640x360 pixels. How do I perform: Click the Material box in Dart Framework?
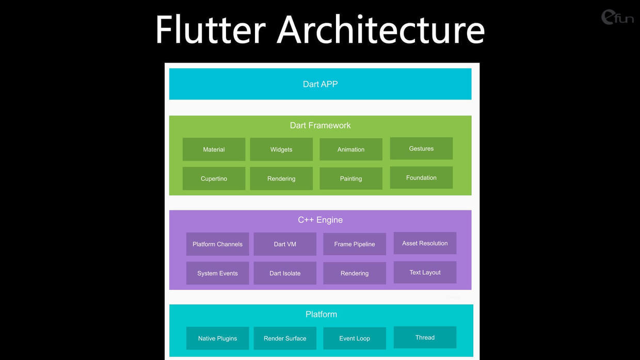pyautogui.click(x=214, y=149)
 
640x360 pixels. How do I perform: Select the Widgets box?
pyautogui.click(x=281, y=149)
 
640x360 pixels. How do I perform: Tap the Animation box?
pyautogui.click(x=351, y=149)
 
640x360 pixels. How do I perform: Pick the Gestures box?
pyautogui.click(x=421, y=149)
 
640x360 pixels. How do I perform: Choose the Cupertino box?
pyautogui.click(x=214, y=178)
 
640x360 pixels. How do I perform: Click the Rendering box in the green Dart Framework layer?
pyautogui.click(x=281, y=178)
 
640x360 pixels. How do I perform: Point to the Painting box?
pyautogui.click(x=351, y=178)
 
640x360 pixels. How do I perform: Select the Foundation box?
pyautogui.click(x=421, y=177)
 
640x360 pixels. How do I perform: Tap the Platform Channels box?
pyautogui.click(x=217, y=244)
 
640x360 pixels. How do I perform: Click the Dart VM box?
pyautogui.click(x=285, y=244)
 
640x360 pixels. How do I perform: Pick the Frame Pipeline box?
pyautogui.click(x=355, y=244)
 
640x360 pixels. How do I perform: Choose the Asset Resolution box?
pyautogui.click(x=425, y=243)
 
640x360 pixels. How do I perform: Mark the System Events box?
pyautogui.click(x=217, y=273)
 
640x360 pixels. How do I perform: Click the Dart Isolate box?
pyautogui.click(x=285, y=273)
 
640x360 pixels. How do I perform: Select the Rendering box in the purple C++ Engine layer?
pyautogui.click(x=355, y=273)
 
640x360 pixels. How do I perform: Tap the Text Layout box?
pyautogui.click(x=425, y=272)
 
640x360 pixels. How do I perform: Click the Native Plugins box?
pyautogui.click(x=217, y=338)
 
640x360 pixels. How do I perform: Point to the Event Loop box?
pyautogui.click(x=355, y=338)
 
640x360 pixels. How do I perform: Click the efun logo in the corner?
pyautogui.click(x=617, y=17)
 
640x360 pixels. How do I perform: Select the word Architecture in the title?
pyautogui.click(x=381, y=30)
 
